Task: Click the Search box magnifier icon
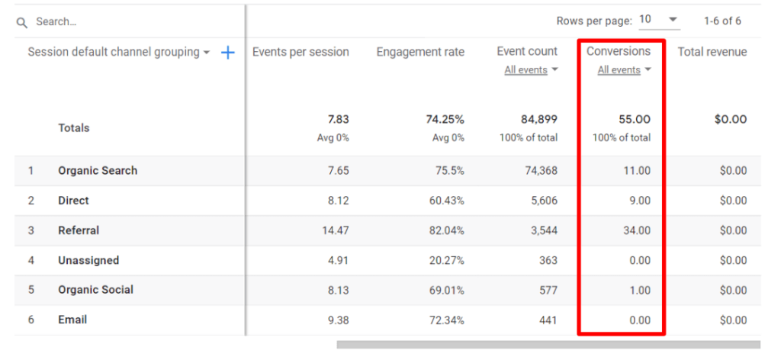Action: click(x=22, y=23)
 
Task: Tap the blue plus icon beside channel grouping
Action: click(x=227, y=53)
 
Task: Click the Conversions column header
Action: click(x=619, y=52)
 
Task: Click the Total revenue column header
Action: click(x=712, y=52)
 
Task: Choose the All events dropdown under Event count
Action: click(x=531, y=70)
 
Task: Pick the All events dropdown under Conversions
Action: click(x=624, y=70)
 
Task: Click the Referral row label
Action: click(x=79, y=230)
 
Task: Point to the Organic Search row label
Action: click(x=98, y=171)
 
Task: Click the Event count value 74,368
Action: click(x=540, y=171)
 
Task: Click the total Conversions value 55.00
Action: click(x=635, y=120)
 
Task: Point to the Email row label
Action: click(x=72, y=320)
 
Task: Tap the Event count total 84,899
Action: click(x=538, y=120)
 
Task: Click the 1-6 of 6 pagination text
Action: click(x=721, y=21)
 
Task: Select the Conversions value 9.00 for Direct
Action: click(x=638, y=201)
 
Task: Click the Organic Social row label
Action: click(x=95, y=290)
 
